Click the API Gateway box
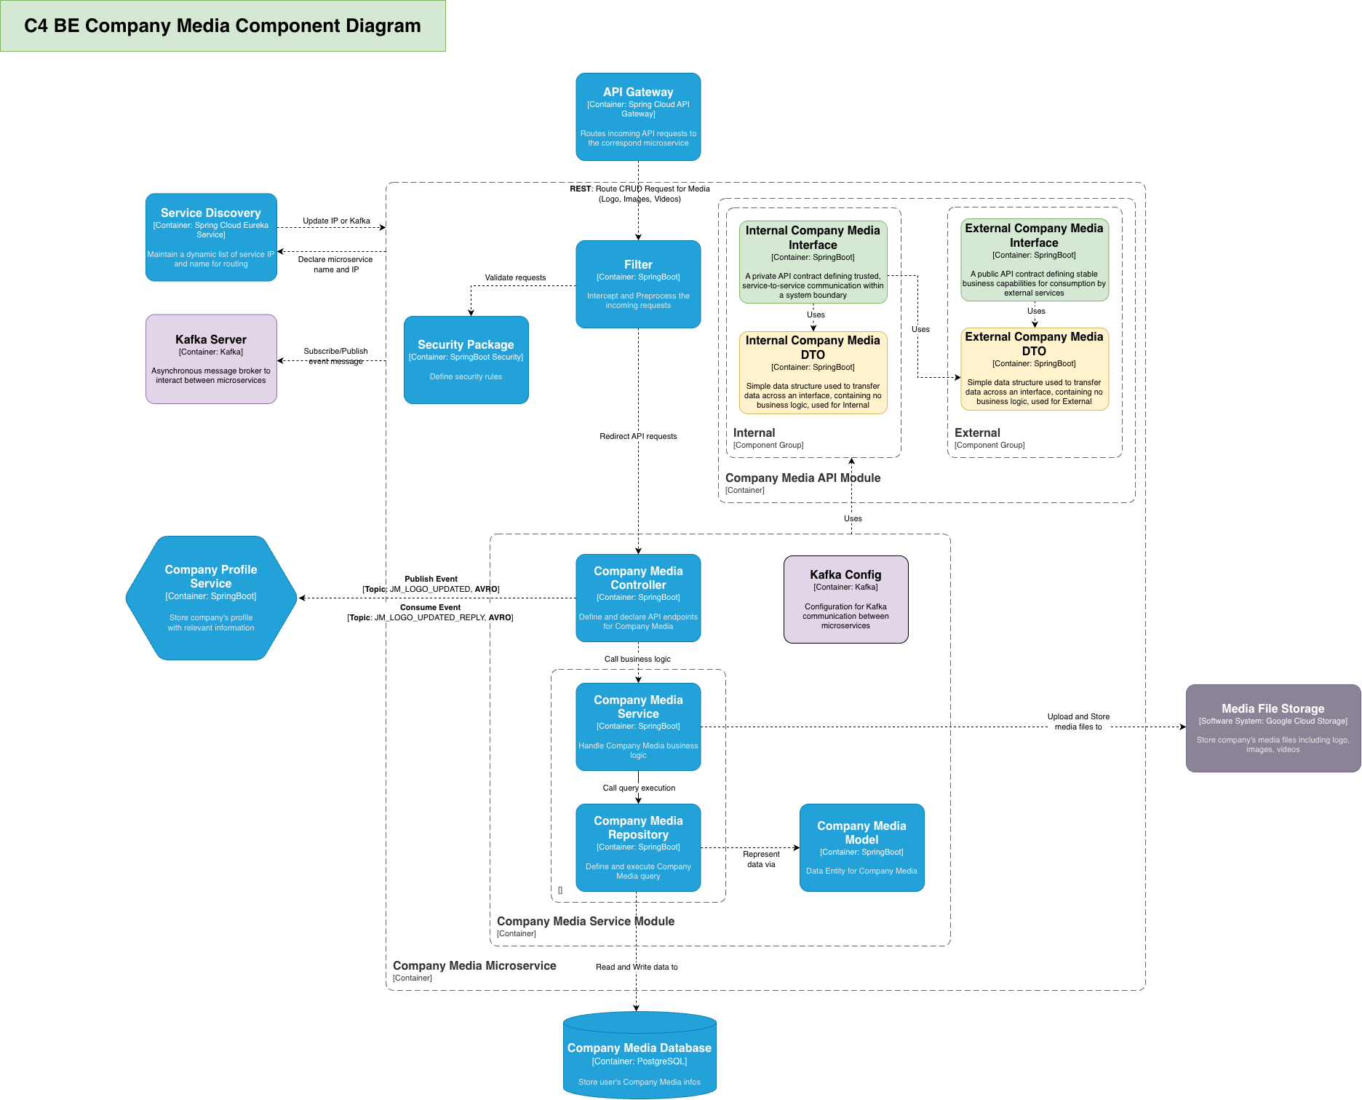(x=638, y=116)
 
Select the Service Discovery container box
(x=211, y=237)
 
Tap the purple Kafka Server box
(x=211, y=359)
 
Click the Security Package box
(x=466, y=360)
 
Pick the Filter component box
(x=638, y=284)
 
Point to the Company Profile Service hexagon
(x=211, y=598)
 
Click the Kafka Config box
(x=845, y=599)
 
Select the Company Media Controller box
(x=638, y=598)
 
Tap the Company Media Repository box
(x=638, y=847)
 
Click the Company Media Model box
(x=861, y=847)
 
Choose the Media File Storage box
(x=1273, y=728)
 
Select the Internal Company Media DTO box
(x=813, y=373)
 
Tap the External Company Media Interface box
(x=1034, y=260)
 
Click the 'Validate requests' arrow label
(x=515, y=277)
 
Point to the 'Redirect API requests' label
(x=638, y=436)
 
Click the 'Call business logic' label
(x=637, y=659)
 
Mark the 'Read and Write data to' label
(x=637, y=967)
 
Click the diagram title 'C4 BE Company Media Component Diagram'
(x=223, y=25)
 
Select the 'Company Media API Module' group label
(x=803, y=478)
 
